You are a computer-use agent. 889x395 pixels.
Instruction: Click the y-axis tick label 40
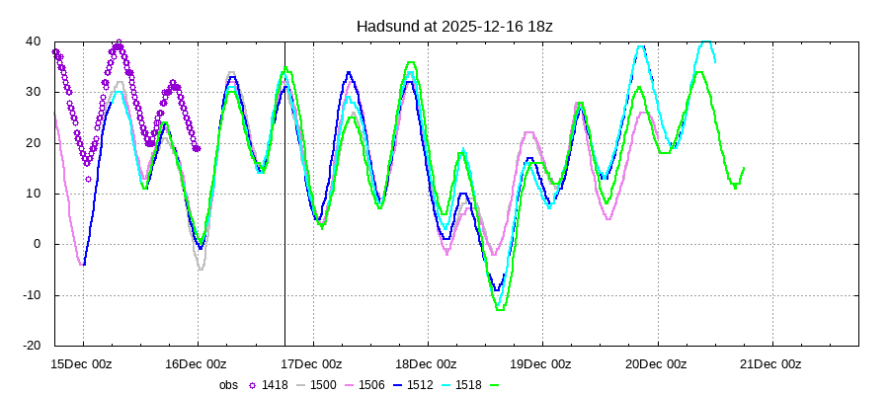coord(34,41)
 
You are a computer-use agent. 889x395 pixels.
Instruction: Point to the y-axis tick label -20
coord(31,346)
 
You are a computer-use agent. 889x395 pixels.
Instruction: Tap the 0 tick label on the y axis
coord(38,244)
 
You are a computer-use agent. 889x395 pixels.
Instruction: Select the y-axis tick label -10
coord(31,295)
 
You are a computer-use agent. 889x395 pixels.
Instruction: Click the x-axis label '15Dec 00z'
coord(83,363)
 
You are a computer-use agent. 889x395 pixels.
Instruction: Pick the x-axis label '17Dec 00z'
coord(312,363)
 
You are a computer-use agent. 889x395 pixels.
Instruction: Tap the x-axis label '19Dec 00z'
coord(541,363)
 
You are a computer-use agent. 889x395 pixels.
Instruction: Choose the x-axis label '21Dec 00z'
coord(770,363)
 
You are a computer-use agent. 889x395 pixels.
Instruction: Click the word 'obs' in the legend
coord(228,385)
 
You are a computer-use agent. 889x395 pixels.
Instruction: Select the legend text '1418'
coord(275,385)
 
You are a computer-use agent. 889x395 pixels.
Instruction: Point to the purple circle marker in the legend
coord(251,385)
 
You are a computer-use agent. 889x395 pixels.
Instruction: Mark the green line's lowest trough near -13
coord(500,310)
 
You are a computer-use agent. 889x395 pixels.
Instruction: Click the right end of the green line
coord(744,168)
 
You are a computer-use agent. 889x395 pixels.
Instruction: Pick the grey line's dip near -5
coord(201,270)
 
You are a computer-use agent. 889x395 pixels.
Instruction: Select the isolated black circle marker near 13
coord(88,179)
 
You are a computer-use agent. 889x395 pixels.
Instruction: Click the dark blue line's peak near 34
coord(349,72)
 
